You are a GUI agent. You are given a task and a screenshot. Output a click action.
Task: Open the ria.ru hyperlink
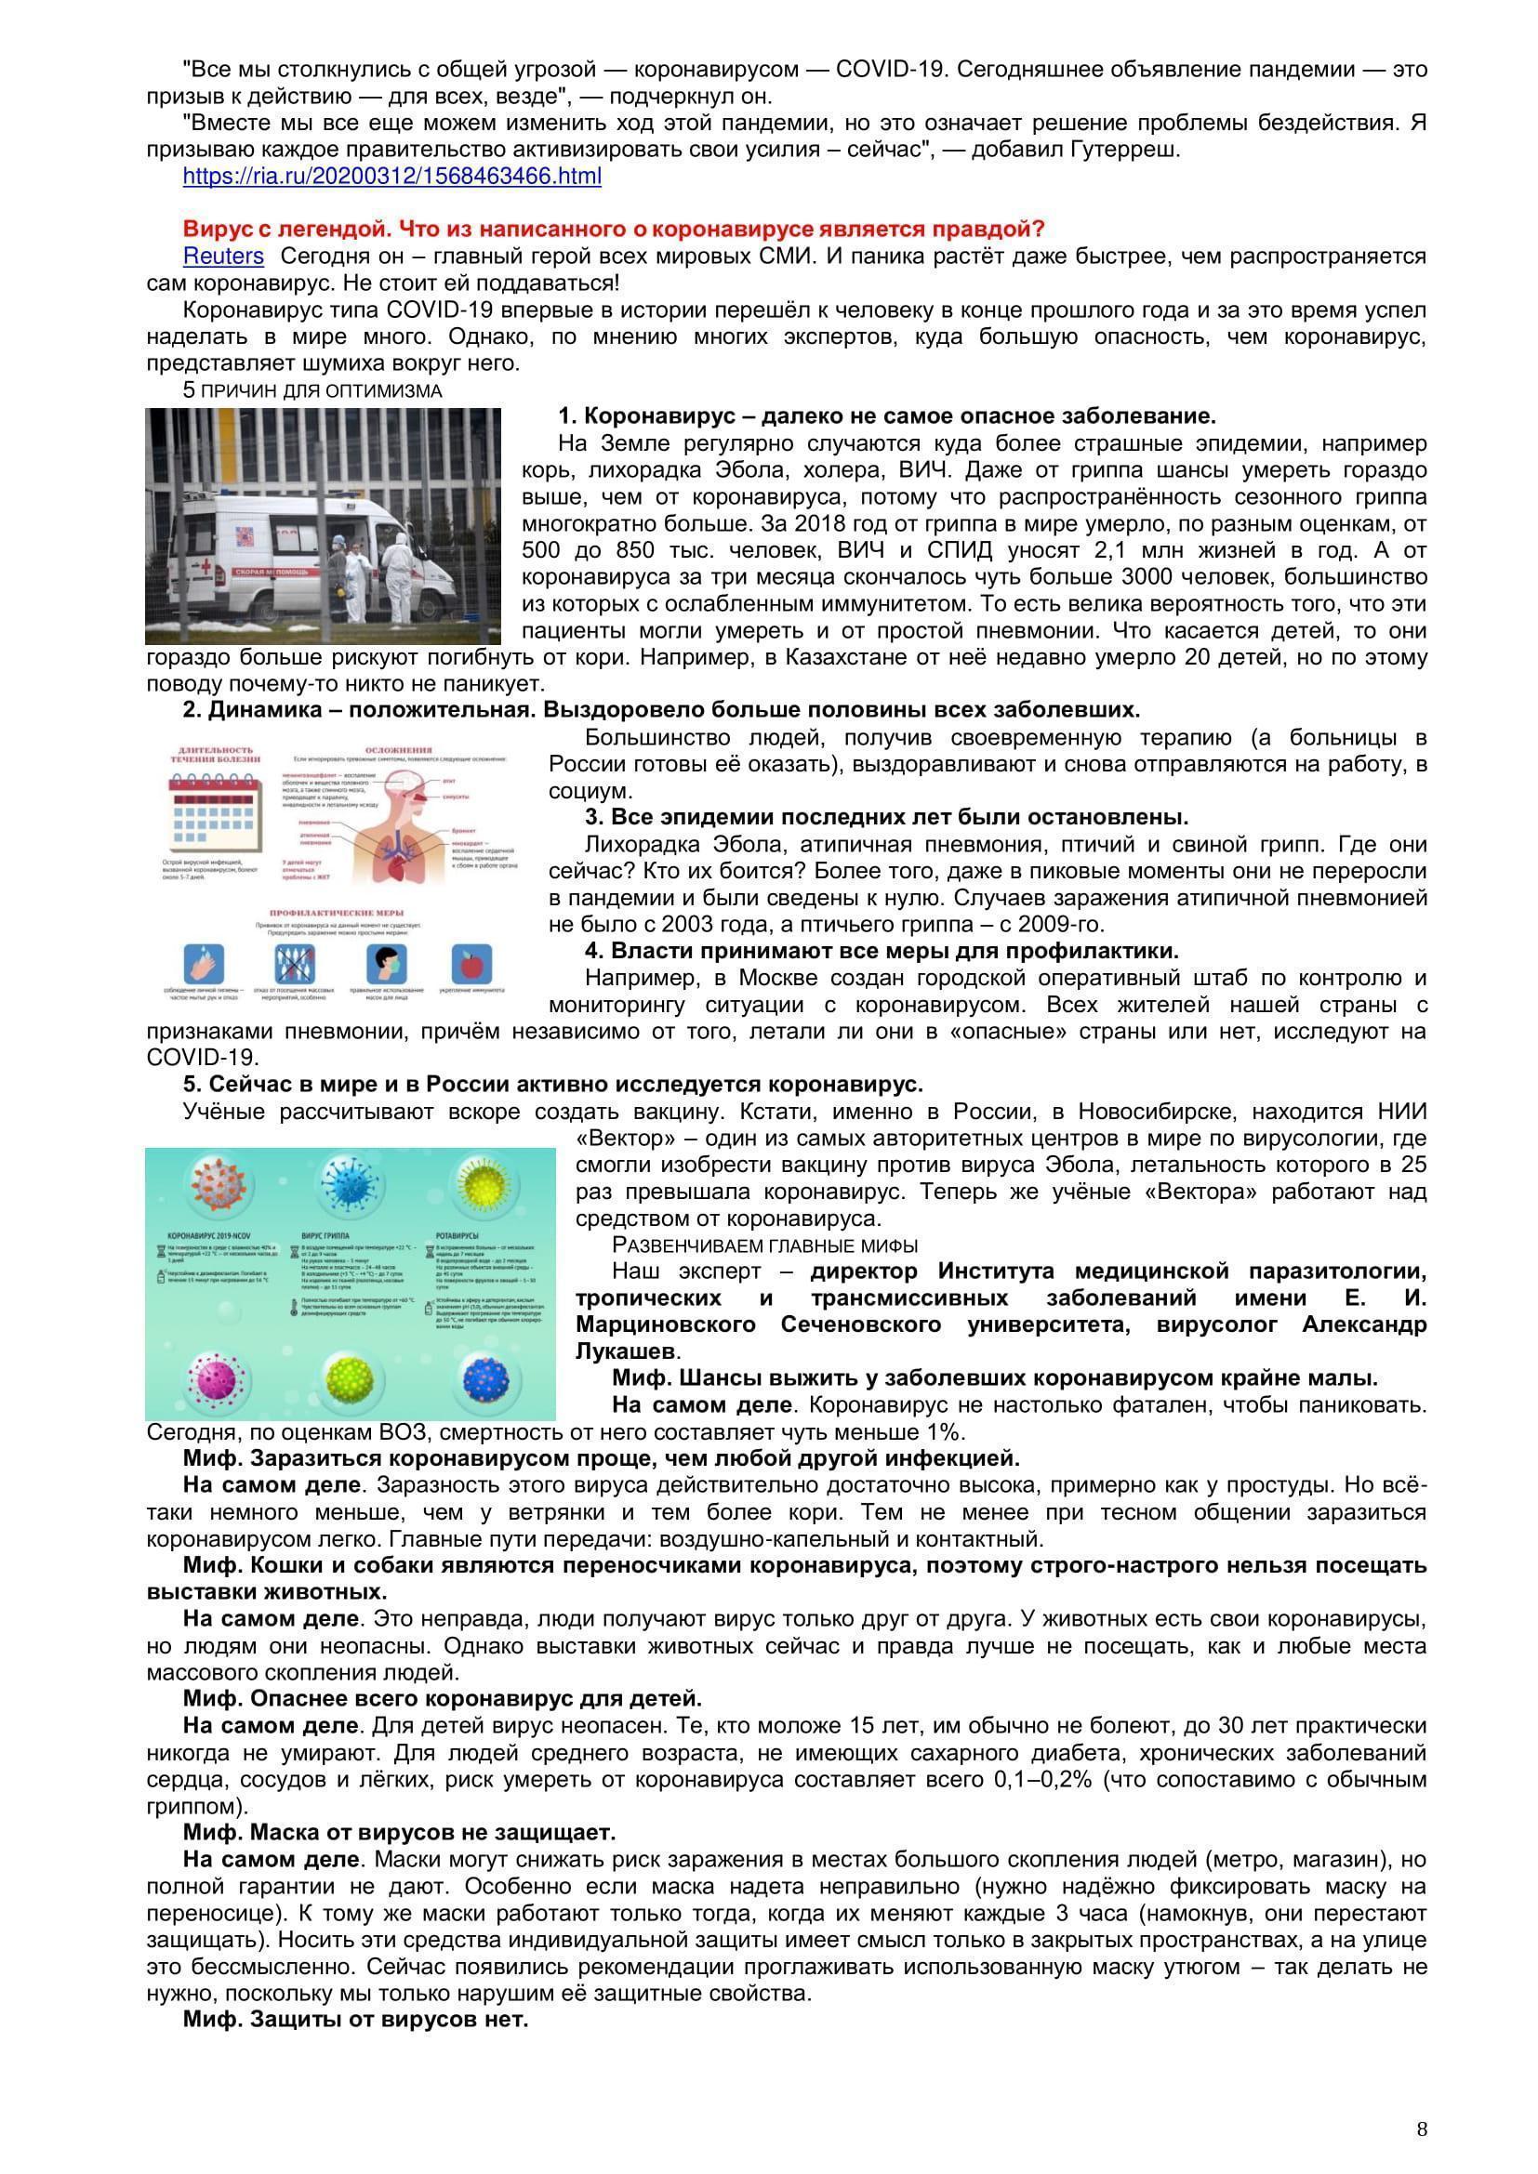click(391, 176)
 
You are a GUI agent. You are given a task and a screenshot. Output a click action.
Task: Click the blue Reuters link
click(223, 256)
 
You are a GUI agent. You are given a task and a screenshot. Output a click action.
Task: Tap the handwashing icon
click(205, 965)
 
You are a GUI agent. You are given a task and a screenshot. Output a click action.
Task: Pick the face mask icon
click(387, 965)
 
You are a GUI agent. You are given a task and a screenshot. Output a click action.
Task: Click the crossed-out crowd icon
click(295, 965)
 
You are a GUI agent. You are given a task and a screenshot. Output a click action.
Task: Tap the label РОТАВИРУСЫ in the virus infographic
click(452, 1235)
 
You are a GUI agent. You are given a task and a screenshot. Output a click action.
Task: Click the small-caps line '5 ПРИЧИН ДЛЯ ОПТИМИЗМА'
click(312, 391)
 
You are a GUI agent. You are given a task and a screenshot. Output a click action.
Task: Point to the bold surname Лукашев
click(624, 1351)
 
